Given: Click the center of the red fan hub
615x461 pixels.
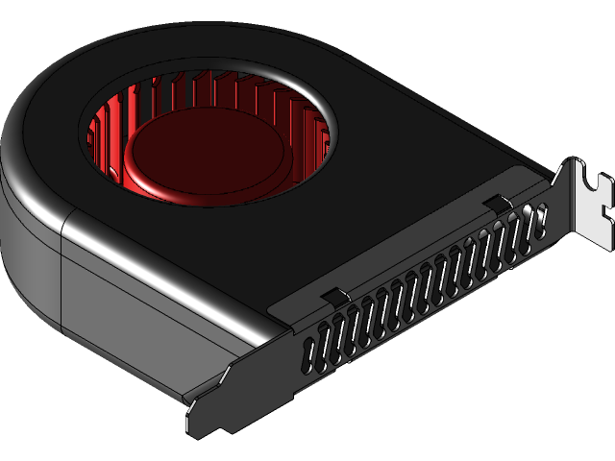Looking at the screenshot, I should point(204,149).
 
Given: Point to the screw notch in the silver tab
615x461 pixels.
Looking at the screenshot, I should point(603,182).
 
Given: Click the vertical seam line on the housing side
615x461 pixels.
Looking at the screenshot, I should point(61,279).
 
